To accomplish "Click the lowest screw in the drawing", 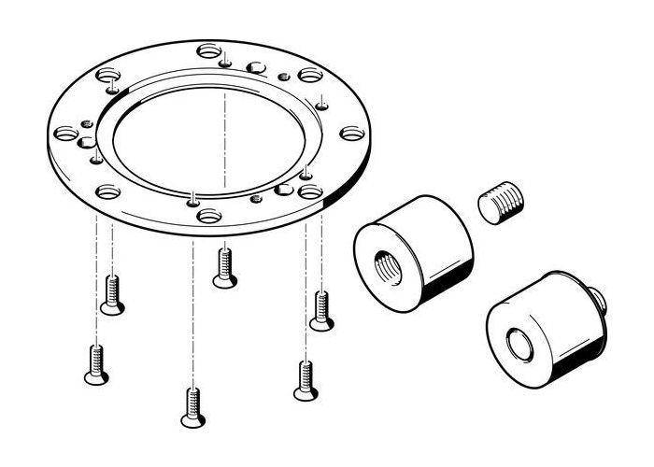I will [192, 407].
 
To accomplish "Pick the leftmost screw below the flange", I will [95, 363].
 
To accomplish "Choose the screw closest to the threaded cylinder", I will [320, 310].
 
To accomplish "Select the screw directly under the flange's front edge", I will [223, 267].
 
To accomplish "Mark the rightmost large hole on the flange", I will [351, 134].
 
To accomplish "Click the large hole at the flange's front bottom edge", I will [208, 216].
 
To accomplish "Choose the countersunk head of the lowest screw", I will [192, 420].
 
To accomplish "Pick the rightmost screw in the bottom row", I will [305, 381].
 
